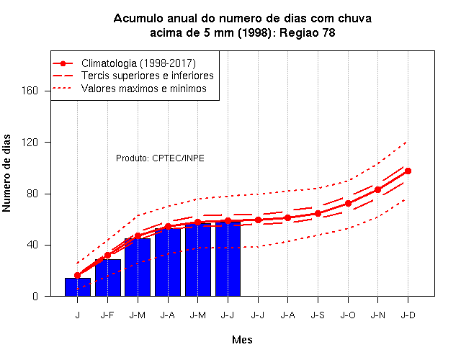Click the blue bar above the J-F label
tap(108, 278)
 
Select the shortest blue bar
tap(78, 287)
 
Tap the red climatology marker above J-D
tap(408, 171)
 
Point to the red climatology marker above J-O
tap(348, 203)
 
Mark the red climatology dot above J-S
tap(318, 214)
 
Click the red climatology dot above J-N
tap(377, 190)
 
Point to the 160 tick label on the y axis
tap(30, 91)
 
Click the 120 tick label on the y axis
tap(30, 143)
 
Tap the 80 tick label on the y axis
tap(32, 194)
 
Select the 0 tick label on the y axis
tap(35, 296)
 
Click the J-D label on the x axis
tap(408, 315)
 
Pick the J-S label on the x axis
tap(318, 315)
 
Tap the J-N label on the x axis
tap(377, 315)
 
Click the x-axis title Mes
tap(242, 340)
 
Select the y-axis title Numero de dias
tap(6, 174)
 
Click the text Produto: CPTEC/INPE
tap(160, 158)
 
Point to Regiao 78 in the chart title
tap(308, 32)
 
